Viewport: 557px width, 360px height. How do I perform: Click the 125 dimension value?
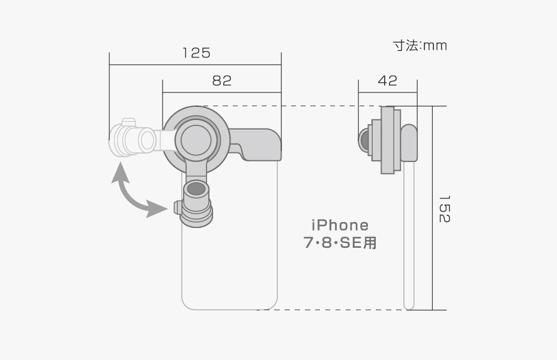coord(196,53)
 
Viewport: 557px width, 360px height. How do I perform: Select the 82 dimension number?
coord(222,81)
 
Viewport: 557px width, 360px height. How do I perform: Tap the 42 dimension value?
coord(388,80)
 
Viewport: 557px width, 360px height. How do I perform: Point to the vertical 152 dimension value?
coord(444,209)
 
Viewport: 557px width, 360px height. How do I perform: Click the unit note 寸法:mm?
coord(420,46)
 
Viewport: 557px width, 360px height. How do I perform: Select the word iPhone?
coord(340,225)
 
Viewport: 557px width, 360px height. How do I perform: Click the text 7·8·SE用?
coord(340,243)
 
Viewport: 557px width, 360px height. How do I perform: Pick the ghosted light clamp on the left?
coord(132,139)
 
